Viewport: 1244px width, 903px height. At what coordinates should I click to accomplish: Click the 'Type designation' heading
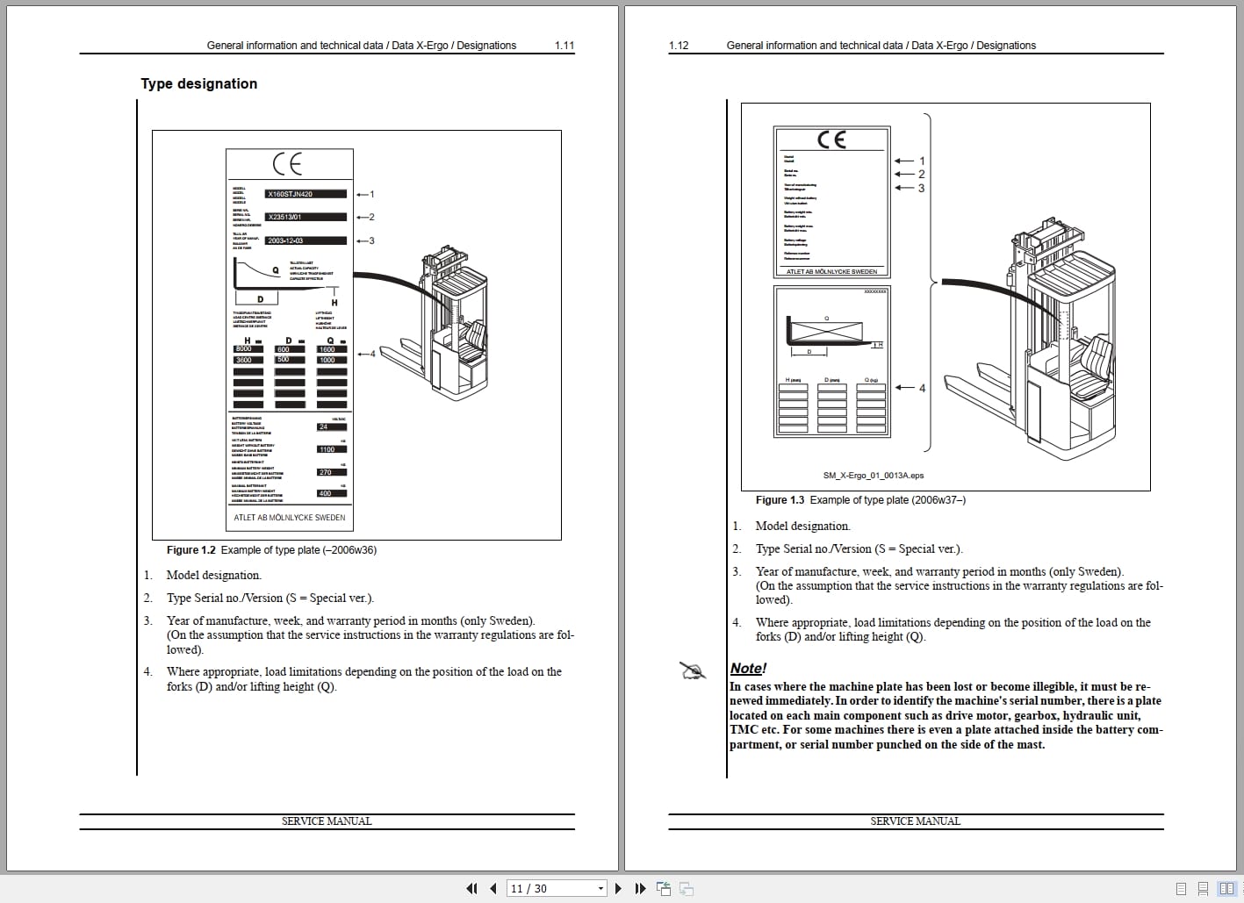(x=198, y=83)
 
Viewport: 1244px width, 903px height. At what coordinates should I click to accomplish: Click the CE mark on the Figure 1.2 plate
(x=287, y=164)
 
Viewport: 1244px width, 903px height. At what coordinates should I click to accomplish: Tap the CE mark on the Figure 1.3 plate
(x=831, y=140)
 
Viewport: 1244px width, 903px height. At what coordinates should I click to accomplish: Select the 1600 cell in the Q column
(x=330, y=349)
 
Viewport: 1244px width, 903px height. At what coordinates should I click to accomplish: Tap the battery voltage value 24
(x=330, y=426)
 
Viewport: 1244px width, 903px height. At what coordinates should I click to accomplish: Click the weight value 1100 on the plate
(x=330, y=449)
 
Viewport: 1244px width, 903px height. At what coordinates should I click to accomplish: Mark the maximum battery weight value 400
(x=330, y=493)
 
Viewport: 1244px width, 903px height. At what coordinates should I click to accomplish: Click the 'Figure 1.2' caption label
(x=191, y=550)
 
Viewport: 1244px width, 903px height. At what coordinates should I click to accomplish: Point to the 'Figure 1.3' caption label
(x=780, y=500)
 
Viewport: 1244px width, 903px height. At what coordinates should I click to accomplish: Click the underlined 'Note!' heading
(x=748, y=669)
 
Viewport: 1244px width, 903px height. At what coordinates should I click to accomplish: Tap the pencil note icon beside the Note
(x=693, y=671)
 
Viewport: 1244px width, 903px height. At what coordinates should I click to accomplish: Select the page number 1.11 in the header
(x=564, y=46)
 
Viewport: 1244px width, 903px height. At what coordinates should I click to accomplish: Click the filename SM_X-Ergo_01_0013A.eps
(x=873, y=476)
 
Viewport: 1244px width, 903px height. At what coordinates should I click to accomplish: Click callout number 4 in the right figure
(x=922, y=388)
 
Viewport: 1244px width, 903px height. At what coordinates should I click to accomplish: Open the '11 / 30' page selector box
(x=557, y=888)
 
